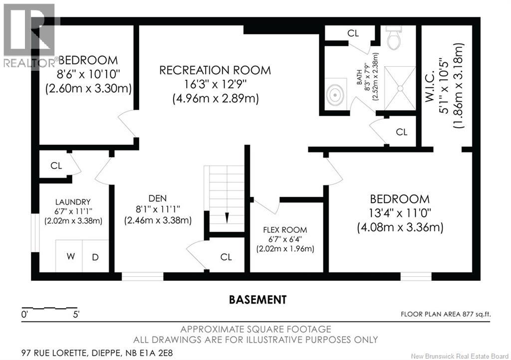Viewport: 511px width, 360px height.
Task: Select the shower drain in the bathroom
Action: (400, 88)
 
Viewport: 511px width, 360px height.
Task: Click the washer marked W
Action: (70, 256)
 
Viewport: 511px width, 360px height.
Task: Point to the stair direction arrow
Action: (227, 217)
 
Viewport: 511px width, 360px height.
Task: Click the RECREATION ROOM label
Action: (215, 70)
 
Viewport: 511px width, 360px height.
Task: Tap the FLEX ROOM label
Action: (285, 230)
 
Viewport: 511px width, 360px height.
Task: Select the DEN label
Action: (157, 198)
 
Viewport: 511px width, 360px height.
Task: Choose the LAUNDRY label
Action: (73, 202)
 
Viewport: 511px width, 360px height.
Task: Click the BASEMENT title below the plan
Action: (258, 300)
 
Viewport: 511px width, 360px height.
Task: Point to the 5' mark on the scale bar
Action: (76, 315)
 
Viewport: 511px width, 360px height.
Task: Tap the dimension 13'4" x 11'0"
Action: (400, 213)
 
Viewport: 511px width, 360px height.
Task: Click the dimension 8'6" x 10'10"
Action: (88, 74)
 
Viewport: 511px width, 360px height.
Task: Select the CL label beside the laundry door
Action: (56, 166)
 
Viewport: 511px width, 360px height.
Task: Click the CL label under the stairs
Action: (226, 257)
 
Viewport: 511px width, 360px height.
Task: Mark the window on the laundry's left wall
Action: (35, 232)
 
